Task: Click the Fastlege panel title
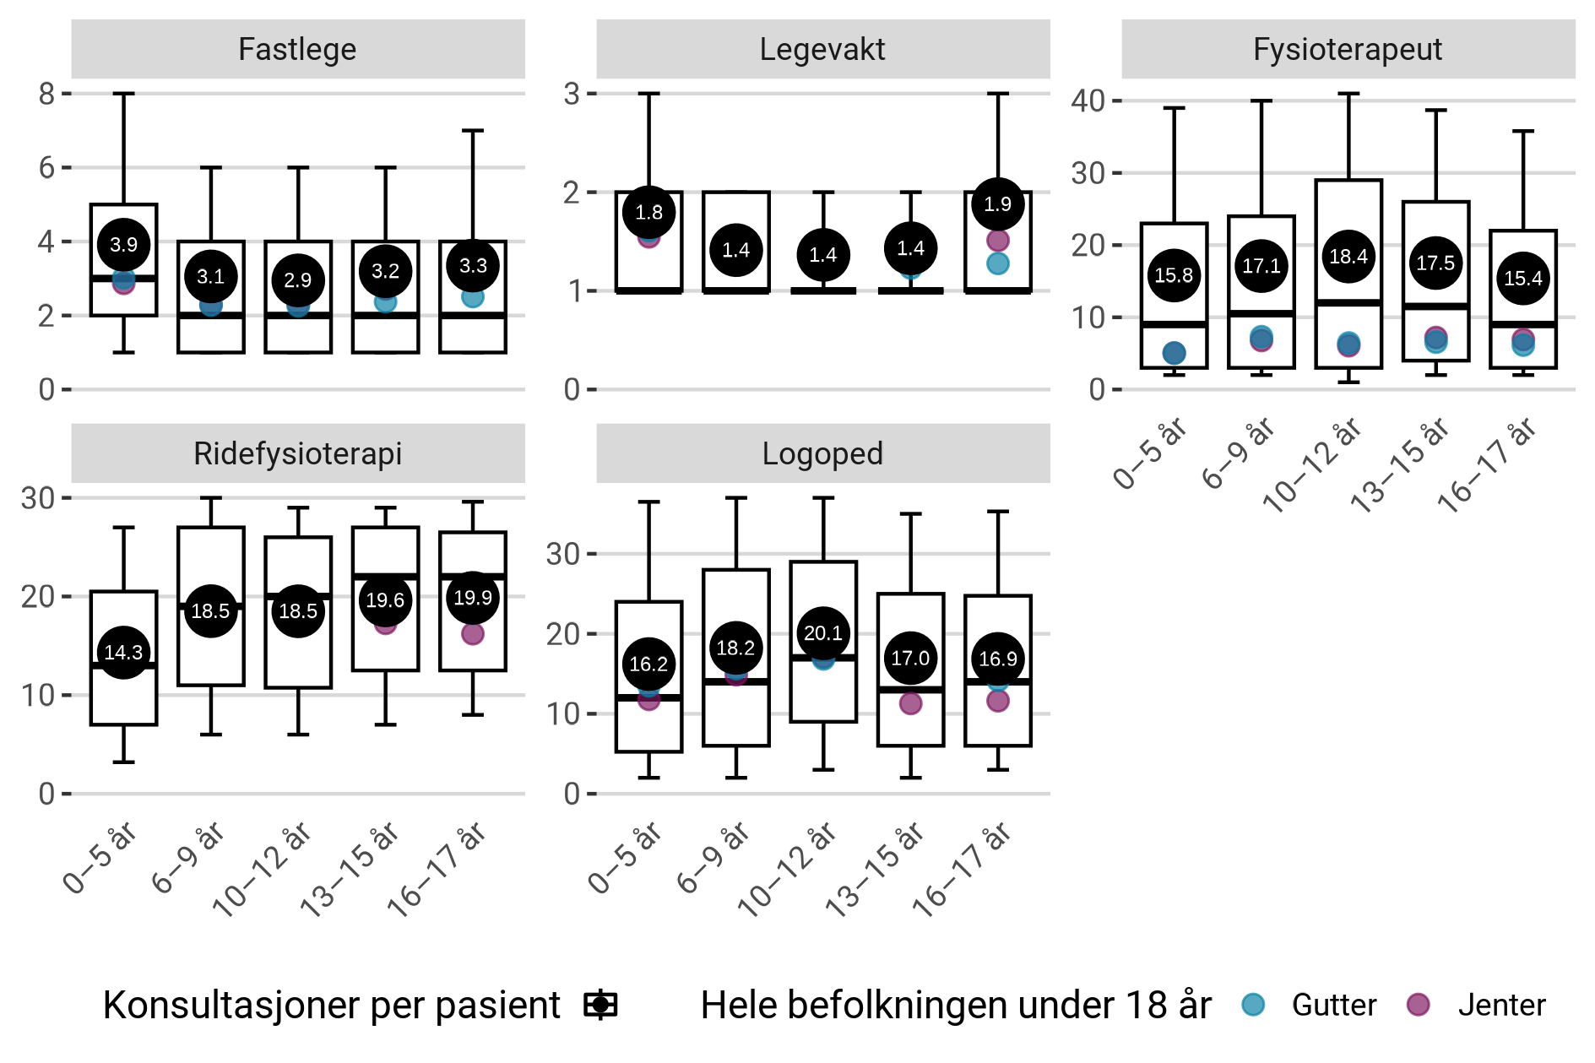tap(297, 49)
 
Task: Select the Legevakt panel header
tap(822, 49)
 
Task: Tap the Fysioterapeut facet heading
tap(1348, 49)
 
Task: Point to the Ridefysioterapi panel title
tap(297, 453)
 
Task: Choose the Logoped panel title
tap(822, 453)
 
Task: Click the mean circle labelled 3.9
tap(123, 245)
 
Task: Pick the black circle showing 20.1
tap(823, 633)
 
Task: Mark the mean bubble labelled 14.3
tap(123, 652)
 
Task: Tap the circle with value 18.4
tap(1348, 257)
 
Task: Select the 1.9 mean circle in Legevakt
tap(998, 204)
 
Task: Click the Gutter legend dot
tap(1254, 1005)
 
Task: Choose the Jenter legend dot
tap(1419, 1005)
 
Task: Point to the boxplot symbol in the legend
tap(600, 1005)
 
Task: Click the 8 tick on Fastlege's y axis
tap(46, 94)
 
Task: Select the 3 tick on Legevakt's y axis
tap(572, 94)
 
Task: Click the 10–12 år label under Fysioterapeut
tap(1314, 466)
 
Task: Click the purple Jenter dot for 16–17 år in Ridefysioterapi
tap(473, 634)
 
